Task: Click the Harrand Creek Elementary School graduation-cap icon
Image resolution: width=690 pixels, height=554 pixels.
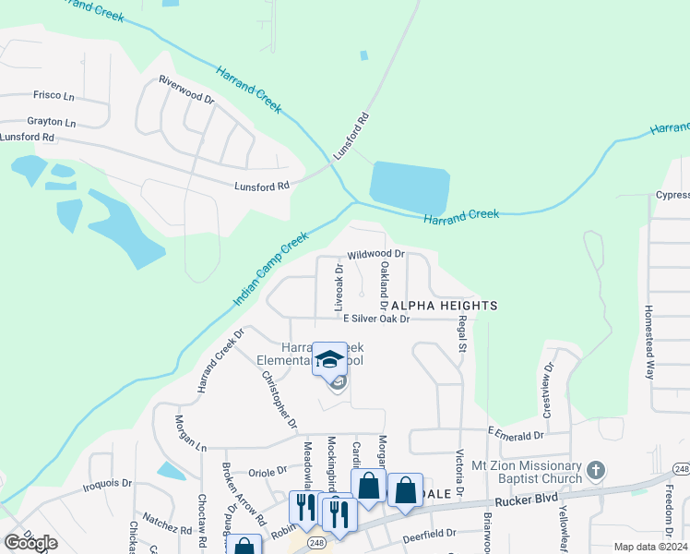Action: pos(329,358)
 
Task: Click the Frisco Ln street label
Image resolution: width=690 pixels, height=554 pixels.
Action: pos(54,96)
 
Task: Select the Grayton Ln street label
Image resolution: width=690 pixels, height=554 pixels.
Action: pos(51,121)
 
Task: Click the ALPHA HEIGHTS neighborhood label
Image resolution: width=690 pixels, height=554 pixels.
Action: pos(445,305)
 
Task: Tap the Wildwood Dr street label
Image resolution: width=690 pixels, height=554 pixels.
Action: pos(376,253)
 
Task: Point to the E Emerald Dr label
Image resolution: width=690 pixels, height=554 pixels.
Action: pos(516,436)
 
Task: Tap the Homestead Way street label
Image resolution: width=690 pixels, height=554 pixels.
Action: pos(648,338)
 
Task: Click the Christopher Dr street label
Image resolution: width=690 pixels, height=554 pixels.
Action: pos(279,400)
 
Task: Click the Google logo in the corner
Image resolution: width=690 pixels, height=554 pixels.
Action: pos(31,543)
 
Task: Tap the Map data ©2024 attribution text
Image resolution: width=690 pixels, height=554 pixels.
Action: pos(649,547)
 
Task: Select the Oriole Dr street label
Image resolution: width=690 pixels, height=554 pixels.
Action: pos(269,471)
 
